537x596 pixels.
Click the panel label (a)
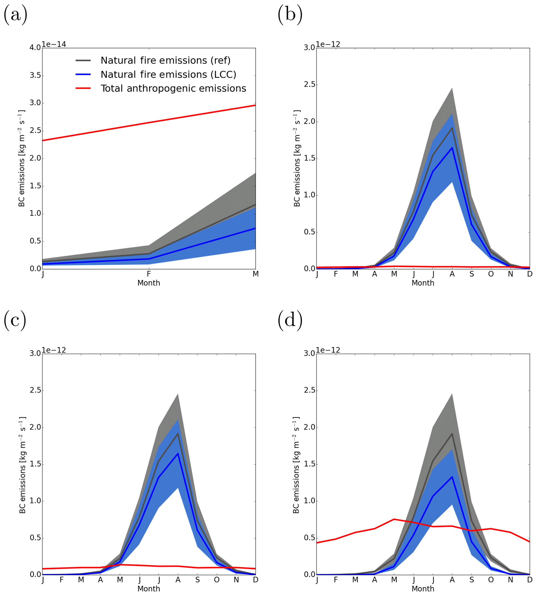pyautogui.click(x=15, y=15)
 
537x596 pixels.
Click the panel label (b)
pyautogui.click(x=290, y=15)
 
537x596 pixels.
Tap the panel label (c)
pyautogui.click(x=15, y=320)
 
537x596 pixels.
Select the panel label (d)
pyautogui.click(x=290, y=320)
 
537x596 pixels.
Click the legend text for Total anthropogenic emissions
pyautogui.click(x=173, y=89)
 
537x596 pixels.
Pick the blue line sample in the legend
pyautogui.click(x=83, y=74)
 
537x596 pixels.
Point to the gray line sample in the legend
pyautogui.click(x=83, y=60)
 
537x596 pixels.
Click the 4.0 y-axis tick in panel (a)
pyautogui.click(x=35, y=48)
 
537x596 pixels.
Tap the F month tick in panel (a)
pyautogui.click(x=149, y=274)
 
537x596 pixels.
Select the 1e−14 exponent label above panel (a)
pyautogui.click(x=54, y=44)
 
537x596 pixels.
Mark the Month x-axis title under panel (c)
pyautogui.click(x=149, y=589)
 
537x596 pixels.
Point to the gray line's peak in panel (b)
pyautogui.click(x=452, y=128)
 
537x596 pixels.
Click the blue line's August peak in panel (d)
pyautogui.click(x=452, y=477)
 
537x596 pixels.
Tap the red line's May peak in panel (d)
pyautogui.click(x=394, y=519)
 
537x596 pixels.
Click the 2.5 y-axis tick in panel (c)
pyautogui.click(x=35, y=391)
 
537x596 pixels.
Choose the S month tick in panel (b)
pyautogui.click(x=472, y=274)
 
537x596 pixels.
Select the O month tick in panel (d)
pyautogui.click(x=491, y=580)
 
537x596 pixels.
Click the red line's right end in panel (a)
pyautogui.click(x=255, y=105)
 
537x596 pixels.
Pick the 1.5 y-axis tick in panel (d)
pyautogui.click(x=309, y=464)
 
